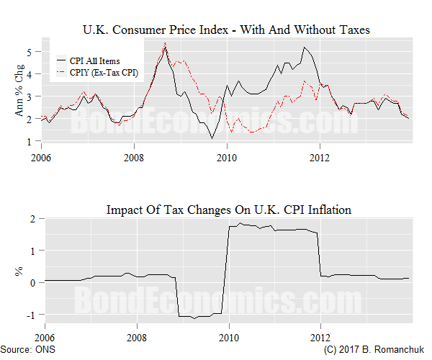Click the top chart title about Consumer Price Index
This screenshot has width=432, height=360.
227,30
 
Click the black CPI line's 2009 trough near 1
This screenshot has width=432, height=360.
212,138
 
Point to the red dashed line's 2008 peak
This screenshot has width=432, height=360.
166,43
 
